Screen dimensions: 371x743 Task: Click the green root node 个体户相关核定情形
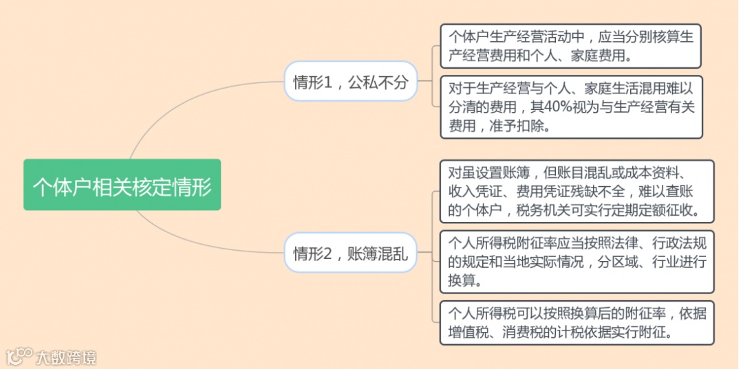[x=122, y=185]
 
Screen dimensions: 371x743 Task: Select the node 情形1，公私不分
[x=350, y=82]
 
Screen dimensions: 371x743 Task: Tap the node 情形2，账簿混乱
[x=350, y=253]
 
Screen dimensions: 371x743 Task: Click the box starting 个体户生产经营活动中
[x=570, y=45]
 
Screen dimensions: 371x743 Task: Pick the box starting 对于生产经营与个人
[x=570, y=106]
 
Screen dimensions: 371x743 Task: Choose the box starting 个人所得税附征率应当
[x=577, y=262]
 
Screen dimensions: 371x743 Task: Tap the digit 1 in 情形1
[x=328, y=83]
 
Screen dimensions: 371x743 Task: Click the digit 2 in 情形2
[x=328, y=254]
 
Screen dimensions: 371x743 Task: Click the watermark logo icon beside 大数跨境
[x=19, y=357]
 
